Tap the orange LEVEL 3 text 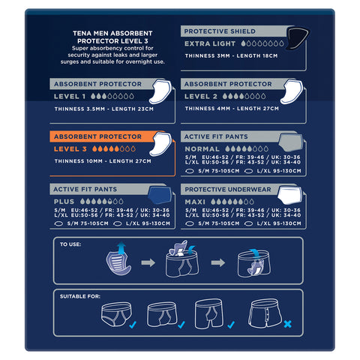point(72,149)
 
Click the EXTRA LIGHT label point(211,44)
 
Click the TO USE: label point(71,244)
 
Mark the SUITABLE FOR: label point(81,296)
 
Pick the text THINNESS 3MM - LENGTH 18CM point(231,55)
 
